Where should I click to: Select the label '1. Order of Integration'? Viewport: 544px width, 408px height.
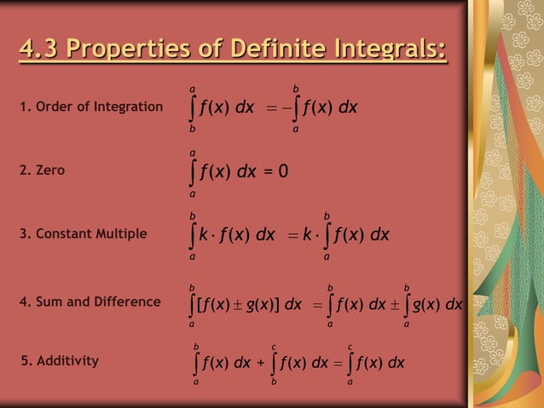(x=90, y=107)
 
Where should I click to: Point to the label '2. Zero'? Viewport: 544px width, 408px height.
(x=42, y=171)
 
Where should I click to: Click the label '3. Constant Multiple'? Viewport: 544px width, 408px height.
(x=83, y=233)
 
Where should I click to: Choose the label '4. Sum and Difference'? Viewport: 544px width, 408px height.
(x=90, y=301)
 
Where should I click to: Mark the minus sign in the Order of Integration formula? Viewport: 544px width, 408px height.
(x=286, y=108)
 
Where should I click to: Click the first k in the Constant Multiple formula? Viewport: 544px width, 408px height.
(x=205, y=234)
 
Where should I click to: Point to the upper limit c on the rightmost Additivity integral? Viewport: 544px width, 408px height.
(x=350, y=346)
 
